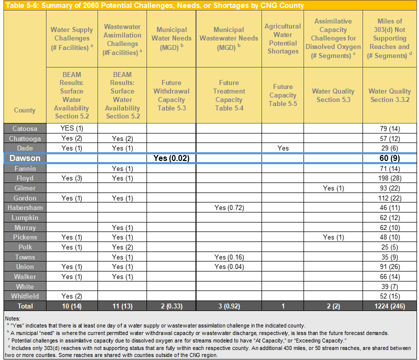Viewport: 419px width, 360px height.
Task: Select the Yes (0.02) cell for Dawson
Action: [x=171, y=158]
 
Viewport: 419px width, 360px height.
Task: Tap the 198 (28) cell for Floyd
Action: [x=389, y=178]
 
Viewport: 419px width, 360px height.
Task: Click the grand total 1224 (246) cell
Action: [x=389, y=305]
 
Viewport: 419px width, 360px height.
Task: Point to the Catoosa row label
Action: [x=24, y=128]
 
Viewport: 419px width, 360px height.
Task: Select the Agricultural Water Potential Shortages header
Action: [x=282, y=38]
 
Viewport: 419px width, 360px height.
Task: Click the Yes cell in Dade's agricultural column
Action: [x=282, y=148]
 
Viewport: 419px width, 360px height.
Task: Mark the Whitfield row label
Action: [x=24, y=296]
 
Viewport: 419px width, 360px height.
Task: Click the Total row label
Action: [x=24, y=305]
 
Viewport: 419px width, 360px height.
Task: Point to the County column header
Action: [x=24, y=110]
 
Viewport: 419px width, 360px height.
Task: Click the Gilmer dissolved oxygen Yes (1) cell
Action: [x=333, y=188]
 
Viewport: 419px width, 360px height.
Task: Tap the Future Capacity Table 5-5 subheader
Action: [x=282, y=95]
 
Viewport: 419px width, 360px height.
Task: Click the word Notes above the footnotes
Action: [x=12, y=318]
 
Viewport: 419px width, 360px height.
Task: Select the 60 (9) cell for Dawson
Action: [x=389, y=158]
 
